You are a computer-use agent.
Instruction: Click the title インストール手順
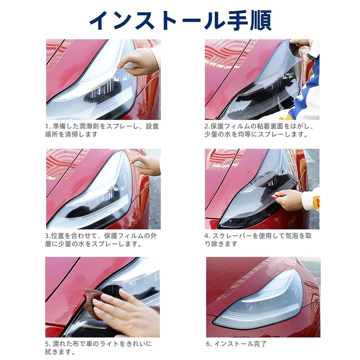[x=180, y=20]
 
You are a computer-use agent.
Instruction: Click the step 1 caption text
[x=102, y=130]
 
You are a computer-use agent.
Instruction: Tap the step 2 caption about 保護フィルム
[x=259, y=130]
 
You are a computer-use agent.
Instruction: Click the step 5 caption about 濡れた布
[x=99, y=347]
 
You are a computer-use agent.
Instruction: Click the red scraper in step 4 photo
[x=278, y=196]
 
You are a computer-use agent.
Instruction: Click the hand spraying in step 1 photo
[x=139, y=62]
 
